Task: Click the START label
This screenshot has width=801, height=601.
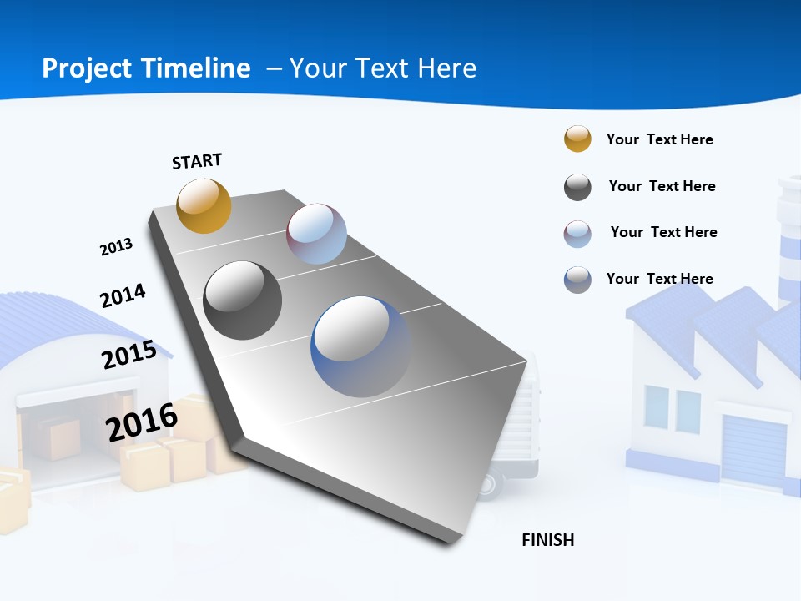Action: click(x=197, y=161)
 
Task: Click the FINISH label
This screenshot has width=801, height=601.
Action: click(x=547, y=540)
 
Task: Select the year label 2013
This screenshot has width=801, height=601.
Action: click(x=116, y=247)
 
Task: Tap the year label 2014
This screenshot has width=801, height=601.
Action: click(x=123, y=295)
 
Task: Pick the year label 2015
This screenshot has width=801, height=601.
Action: click(x=129, y=354)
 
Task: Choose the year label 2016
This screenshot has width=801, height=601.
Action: click(x=142, y=422)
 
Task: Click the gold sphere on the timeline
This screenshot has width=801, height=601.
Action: click(x=204, y=205)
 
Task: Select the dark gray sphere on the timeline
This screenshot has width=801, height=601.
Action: click(x=243, y=300)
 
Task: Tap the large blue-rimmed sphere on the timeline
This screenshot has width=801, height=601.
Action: click(x=361, y=346)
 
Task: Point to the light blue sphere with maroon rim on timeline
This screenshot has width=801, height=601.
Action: click(x=316, y=234)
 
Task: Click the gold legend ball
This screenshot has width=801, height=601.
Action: click(x=577, y=139)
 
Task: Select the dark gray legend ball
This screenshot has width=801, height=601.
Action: click(x=577, y=187)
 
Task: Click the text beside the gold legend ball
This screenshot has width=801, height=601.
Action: click(x=659, y=139)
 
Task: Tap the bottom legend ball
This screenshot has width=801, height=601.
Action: click(x=577, y=280)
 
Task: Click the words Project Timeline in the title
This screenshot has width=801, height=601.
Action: click(x=146, y=68)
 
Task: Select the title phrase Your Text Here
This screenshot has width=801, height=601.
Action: click(x=383, y=68)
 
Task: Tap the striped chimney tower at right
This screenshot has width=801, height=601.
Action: click(x=788, y=242)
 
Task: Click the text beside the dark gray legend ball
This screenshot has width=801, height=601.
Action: click(x=662, y=186)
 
